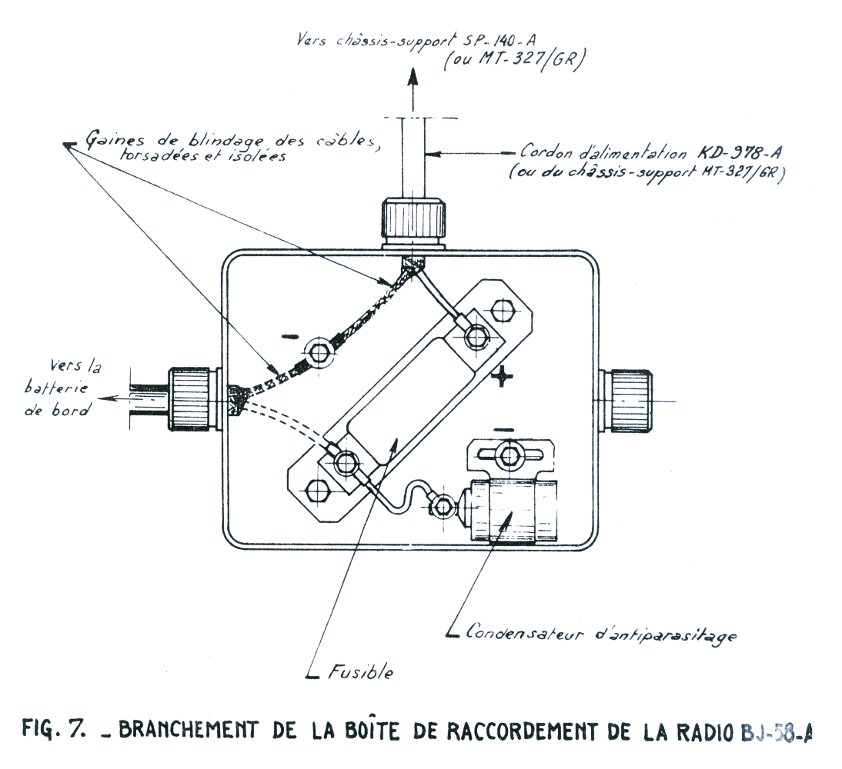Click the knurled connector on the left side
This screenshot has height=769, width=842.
click(x=192, y=399)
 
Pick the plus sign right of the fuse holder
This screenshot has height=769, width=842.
click(x=503, y=376)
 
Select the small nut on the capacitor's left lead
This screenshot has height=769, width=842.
click(x=442, y=507)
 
